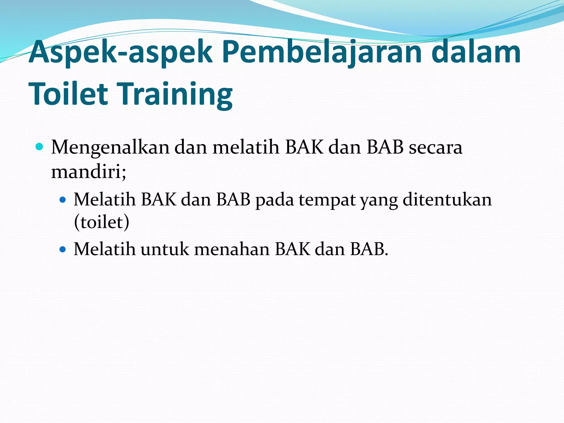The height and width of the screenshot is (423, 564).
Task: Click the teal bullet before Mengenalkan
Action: (x=40, y=147)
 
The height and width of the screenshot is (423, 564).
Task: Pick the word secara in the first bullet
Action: (x=435, y=147)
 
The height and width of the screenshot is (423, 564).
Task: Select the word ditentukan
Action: (x=447, y=199)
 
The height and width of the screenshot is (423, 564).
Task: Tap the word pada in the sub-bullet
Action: (x=275, y=200)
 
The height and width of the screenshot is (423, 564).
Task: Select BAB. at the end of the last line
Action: (x=369, y=250)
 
